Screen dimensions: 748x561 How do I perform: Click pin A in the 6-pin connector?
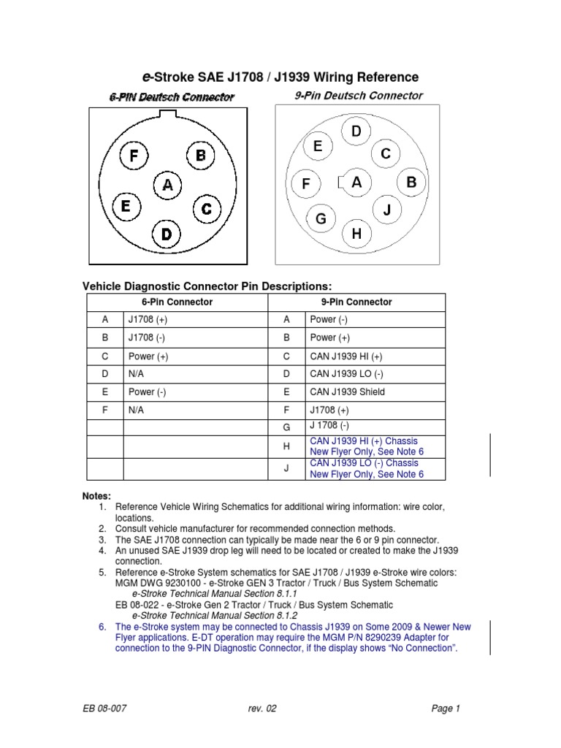167,186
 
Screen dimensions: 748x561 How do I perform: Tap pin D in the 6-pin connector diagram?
167,234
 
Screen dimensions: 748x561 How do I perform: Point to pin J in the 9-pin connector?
387,210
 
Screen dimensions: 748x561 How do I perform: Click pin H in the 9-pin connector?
356,234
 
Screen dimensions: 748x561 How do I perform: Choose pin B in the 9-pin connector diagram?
411,183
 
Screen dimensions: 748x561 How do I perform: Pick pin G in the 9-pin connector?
320,219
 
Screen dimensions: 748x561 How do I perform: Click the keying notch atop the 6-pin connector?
168,113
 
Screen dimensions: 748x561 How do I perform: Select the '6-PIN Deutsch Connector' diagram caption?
172,96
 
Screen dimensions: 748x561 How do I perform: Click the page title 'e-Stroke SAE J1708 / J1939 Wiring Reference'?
280,77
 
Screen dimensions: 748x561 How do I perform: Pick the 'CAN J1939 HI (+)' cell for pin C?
346,356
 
